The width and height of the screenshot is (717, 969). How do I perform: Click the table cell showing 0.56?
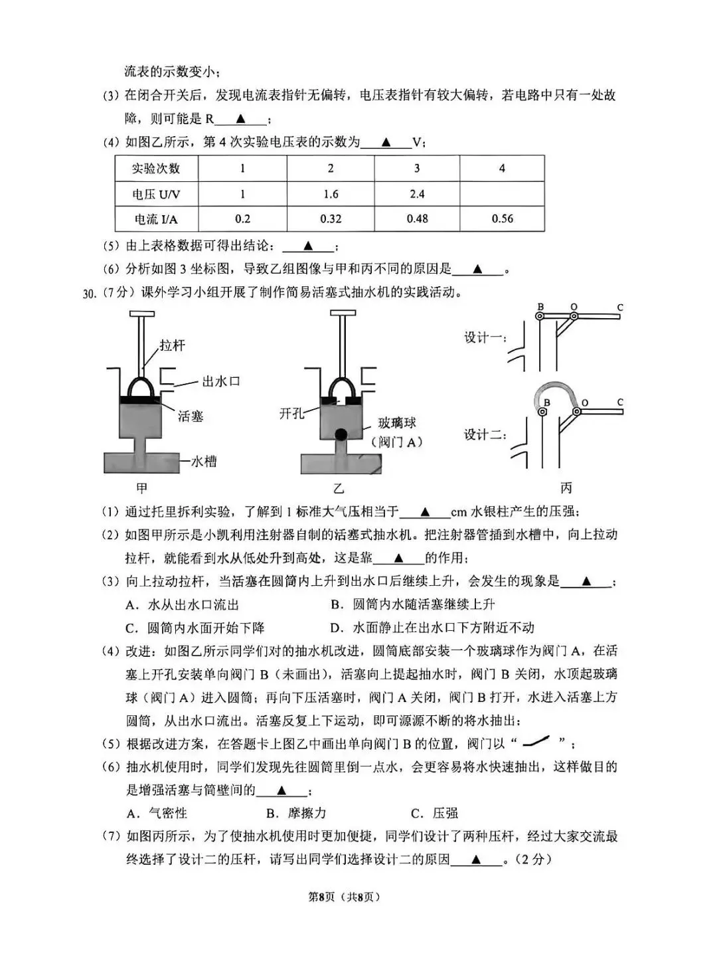tap(502, 219)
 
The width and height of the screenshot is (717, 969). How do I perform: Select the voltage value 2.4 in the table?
tap(417, 193)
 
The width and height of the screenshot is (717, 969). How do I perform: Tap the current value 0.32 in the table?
tap(331, 219)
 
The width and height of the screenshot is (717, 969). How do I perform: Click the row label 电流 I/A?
tap(156, 219)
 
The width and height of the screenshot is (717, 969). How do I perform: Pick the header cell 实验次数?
tap(156, 168)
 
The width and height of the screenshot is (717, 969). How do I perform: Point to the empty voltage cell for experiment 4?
tap(502, 193)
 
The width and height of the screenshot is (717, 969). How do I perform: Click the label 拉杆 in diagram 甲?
tap(172, 345)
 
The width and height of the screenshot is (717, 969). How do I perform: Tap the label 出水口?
tap(221, 381)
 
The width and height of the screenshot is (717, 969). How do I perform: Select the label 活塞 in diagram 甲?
tap(191, 416)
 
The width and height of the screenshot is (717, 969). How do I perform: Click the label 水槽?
tap(204, 461)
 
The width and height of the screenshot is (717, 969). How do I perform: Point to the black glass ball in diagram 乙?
tap(341, 434)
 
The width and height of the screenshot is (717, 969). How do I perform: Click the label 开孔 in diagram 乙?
tap(291, 413)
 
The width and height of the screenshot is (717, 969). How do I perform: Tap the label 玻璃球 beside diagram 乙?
tap(397, 423)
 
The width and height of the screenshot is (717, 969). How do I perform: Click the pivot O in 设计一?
tap(574, 316)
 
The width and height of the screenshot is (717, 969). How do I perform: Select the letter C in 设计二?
tap(620, 402)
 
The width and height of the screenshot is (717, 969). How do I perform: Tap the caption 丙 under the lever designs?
tap(566, 487)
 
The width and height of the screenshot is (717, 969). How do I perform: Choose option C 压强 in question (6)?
tap(434, 813)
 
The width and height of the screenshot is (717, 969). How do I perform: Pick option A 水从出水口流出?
tap(182, 604)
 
